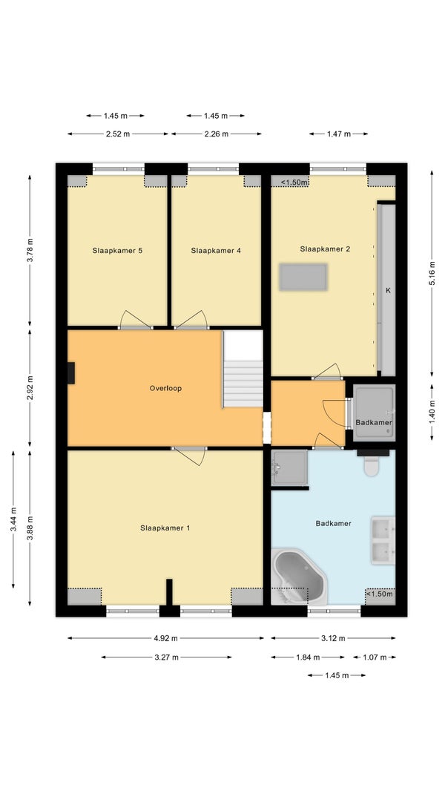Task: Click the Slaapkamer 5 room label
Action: click(x=117, y=250)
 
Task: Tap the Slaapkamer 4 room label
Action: click(x=217, y=250)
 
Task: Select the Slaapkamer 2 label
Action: click(x=325, y=249)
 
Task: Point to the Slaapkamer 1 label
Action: click(x=165, y=528)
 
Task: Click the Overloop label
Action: click(x=165, y=388)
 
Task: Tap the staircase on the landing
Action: click(x=243, y=369)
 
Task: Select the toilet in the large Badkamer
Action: click(x=372, y=465)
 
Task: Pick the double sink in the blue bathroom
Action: click(x=383, y=540)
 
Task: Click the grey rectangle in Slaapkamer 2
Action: click(x=303, y=277)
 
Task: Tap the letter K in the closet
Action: click(x=388, y=291)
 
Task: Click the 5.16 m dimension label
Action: click(x=432, y=273)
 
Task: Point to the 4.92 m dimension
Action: click(x=166, y=638)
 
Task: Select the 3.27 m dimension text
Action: click(x=166, y=657)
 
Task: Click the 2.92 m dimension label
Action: click(x=30, y=388)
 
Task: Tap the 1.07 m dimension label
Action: click(x=375, y=657)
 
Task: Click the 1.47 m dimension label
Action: click(x=339, y=134)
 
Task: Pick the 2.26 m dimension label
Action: click(x=216, y=134)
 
